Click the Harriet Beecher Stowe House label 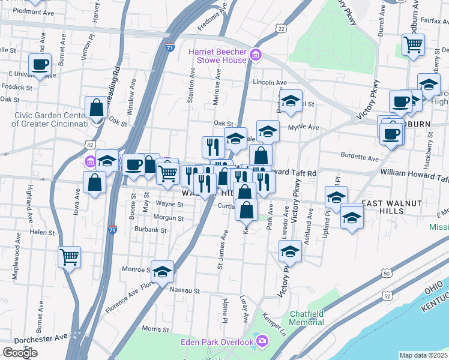217,56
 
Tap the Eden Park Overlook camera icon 262,342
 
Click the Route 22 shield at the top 281,28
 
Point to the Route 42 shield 90,145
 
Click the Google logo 20,352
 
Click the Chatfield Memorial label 307,318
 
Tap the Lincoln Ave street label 270,82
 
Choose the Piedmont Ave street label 34,11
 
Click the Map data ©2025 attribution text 424,355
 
